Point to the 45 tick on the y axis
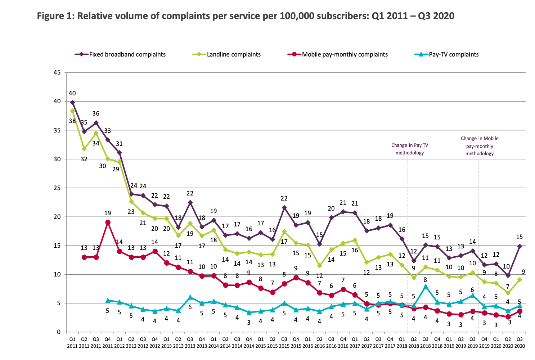[57, 73]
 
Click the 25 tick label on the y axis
[57, 188]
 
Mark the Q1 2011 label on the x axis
[72, 342]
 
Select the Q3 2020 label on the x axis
[520, 342]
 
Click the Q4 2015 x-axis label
[296, 342]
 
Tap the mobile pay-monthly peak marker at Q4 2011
[108, 222]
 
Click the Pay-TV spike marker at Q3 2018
[426, 287]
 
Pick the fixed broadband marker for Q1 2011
[72, 103]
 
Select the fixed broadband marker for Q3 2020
[520, 246]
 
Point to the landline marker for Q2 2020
[508, 293]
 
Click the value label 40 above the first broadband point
[72, 93]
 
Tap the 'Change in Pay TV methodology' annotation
[410, 149]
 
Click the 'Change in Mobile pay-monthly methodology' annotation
[480, 146]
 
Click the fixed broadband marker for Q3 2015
[284, 208]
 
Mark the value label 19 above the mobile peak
[108, 213]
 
